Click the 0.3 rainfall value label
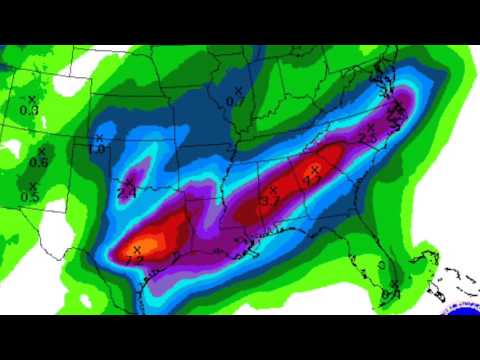(x=29, y=110)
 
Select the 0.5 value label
(x=31, y=197)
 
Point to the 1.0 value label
(x=97, y=149)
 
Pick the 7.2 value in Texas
(x=135, y=259)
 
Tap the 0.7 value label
(x=236, y=101)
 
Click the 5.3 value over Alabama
(x=269, y=200)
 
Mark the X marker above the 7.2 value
(x=136, y=248)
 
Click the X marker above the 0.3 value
(x=31, y=99)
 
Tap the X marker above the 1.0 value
(x=99, y=138)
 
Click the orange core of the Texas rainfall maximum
(x=150, y=242)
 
